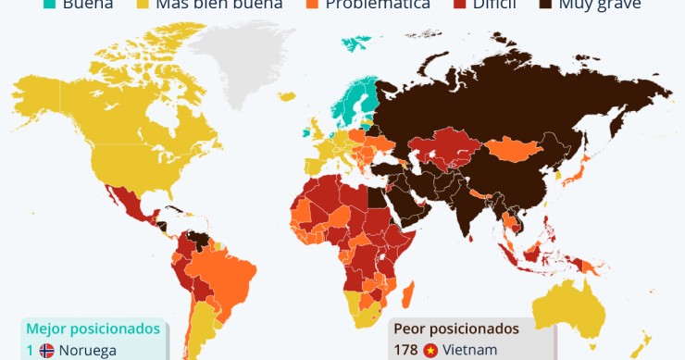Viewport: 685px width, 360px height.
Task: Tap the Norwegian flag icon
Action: pos(46,351)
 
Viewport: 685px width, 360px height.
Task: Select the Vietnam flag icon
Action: pos(430,350)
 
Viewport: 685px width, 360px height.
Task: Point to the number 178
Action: pos(405,350)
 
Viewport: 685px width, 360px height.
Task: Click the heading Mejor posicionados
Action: pos(93,329)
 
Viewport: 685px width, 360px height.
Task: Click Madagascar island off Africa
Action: pos(406,291)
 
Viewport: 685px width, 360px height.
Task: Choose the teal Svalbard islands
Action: pos(356,42)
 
